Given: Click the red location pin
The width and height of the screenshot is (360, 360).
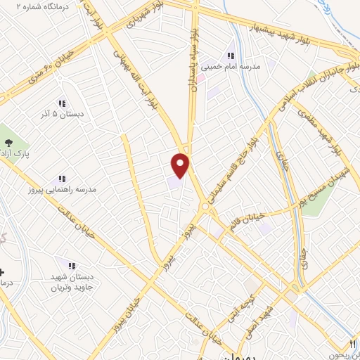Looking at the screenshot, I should pos(181,165).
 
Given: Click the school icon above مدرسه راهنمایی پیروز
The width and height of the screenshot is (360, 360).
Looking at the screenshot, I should pos(62,179).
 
